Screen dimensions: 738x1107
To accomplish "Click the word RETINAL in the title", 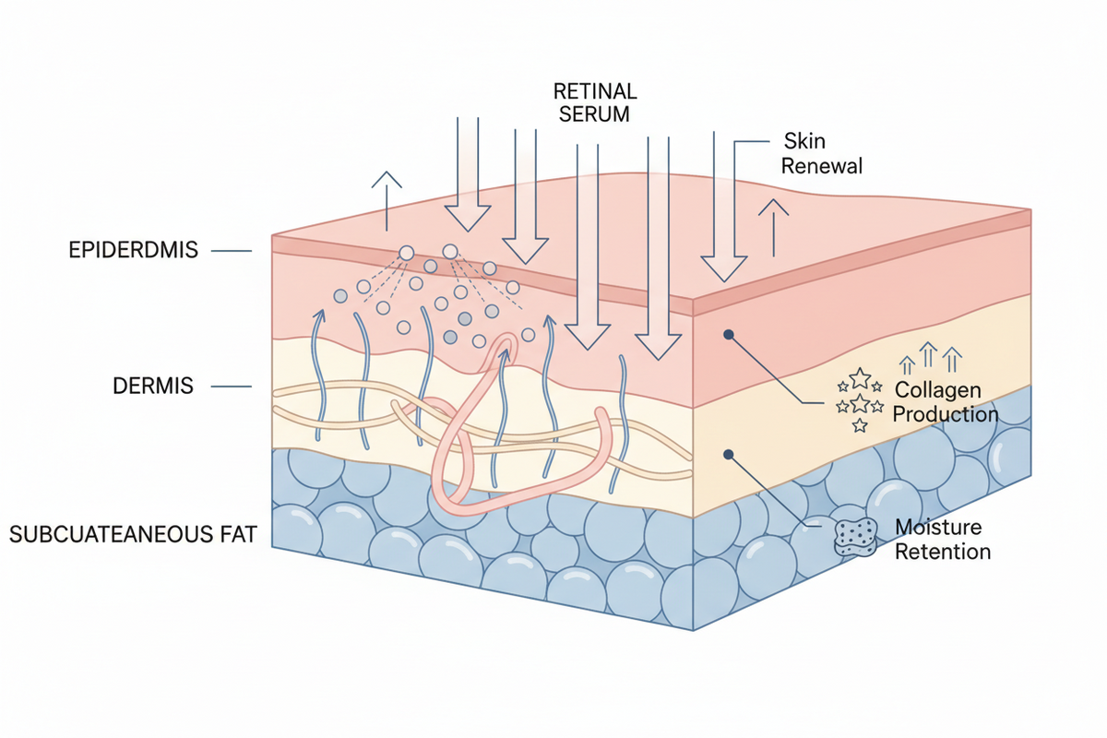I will point(594,91).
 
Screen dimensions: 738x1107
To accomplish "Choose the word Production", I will point(946,414).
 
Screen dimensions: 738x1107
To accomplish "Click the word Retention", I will point(944,552).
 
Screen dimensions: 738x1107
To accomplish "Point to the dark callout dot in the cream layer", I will point(730,454).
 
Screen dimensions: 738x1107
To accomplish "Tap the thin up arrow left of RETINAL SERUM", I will point(386,199).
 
